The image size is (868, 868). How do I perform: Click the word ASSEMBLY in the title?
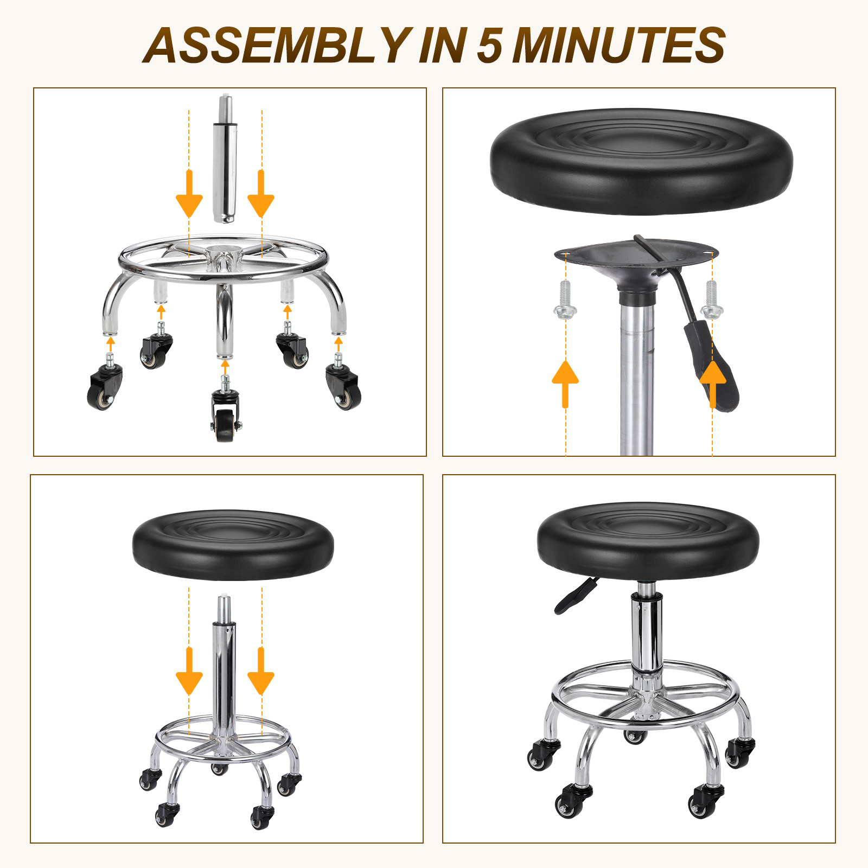tap(276, 46)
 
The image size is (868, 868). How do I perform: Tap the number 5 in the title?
tap(489, 46)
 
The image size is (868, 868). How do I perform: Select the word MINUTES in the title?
tap(619, 46)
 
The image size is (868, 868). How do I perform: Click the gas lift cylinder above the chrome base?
tap(225, 159)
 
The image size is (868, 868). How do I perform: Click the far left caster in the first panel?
tap(105, 382)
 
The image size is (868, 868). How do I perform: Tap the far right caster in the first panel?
tap(343, 382)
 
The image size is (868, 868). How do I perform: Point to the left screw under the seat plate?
tap(565, 299)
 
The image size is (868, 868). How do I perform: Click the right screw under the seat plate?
tap(712, 299)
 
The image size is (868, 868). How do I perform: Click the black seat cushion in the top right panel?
tap(641, 161)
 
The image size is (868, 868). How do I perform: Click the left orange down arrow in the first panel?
tap(189, 194)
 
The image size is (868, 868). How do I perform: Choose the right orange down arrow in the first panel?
tap(261, 194)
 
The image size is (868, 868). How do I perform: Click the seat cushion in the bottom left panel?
tap(233, 545)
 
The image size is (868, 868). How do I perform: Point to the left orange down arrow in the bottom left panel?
tap(189, 671)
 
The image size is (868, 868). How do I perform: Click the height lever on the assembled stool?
tap(576, 595)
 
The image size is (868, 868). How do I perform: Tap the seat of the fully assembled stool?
tap(648, 539)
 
